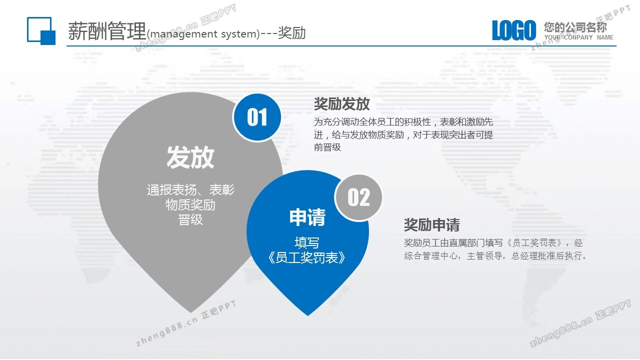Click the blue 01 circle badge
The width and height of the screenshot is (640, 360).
pos(257,117)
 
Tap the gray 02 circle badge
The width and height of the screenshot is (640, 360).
pos(358,197)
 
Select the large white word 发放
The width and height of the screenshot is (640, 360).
pos(190,157)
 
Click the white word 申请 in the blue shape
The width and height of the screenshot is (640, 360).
pos(307,217)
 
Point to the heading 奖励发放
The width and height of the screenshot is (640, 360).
pos(341,103)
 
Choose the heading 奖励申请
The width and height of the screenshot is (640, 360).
pos(431,225)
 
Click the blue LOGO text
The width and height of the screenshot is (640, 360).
pos(513,30)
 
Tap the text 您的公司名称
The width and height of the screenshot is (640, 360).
pos(575,27)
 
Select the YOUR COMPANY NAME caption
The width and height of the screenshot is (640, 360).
pos(578,37)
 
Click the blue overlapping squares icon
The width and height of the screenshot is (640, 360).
pos(41,31)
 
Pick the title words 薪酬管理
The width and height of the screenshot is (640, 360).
pos(107,31)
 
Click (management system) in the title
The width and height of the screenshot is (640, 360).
pos(203,34)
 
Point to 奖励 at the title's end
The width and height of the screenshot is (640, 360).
pos(291,32)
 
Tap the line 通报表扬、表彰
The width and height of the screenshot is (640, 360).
pos(190,190)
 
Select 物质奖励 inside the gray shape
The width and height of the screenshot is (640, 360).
pos(190,205)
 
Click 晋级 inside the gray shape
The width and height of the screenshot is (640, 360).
pos(190,219)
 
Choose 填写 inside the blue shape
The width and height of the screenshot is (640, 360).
pos(307,243)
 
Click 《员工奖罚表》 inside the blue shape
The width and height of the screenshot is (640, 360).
pos(307,257)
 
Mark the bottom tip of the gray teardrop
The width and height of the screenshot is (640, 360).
pos(191,313)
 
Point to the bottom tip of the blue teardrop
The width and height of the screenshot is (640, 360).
pos(307,315)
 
